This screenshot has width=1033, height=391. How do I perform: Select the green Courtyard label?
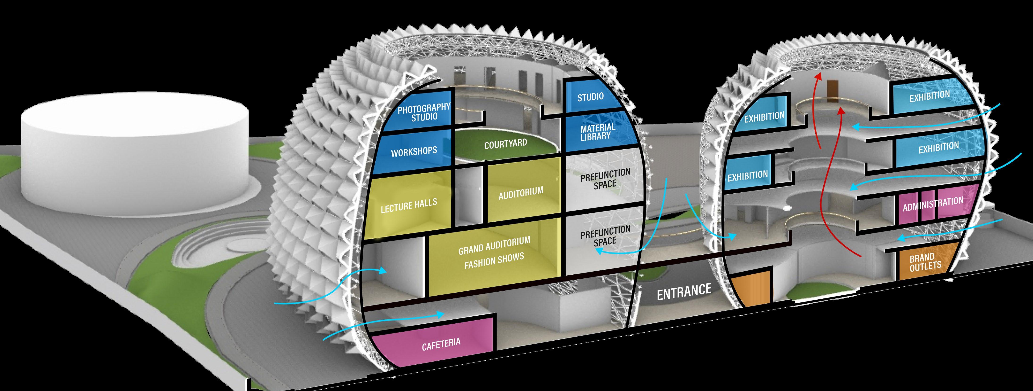[505, 144]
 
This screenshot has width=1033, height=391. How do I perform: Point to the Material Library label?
[597, 132]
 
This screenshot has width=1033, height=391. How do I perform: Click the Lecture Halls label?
[409, 206]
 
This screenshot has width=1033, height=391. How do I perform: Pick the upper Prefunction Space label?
[606, 179]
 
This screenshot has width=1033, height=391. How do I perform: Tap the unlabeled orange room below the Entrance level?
[751, 289]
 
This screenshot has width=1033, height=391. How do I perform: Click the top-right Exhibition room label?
[929, 96]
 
